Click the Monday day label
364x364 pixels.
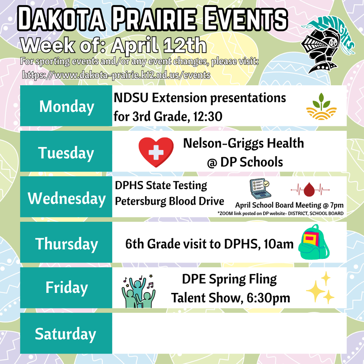pos(66,106)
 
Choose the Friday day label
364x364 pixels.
pos(66,288)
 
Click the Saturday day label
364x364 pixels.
pos(65,334)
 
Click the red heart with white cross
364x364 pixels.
pos(156,152)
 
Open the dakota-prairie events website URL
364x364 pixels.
pos(116,75)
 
